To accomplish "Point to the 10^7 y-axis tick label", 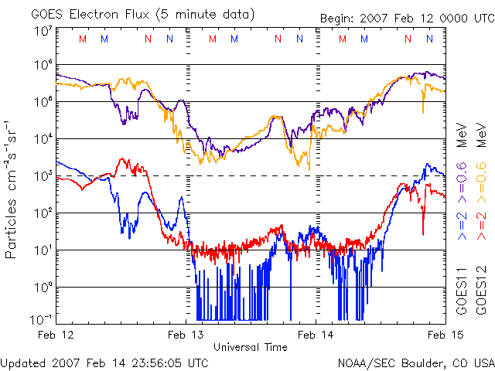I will [43, 31].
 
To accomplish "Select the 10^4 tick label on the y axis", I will [43, 139].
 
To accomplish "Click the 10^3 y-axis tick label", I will [43, 176].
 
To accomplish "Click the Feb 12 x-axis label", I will [56, 335].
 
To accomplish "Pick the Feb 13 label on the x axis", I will [185, 335].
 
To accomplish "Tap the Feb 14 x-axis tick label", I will [316, 335].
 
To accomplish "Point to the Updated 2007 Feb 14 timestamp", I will [104, 362].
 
